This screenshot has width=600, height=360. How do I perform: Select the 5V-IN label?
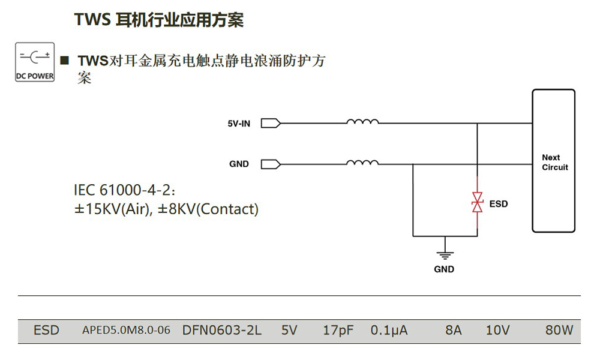(x=239, y=124)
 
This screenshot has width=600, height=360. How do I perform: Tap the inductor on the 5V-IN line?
(x=362, y=123)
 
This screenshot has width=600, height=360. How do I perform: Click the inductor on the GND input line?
(x=362, y=163)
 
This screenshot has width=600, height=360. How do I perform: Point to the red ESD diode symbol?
(x=477, y=203)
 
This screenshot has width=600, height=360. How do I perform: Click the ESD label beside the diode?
(x=499, y=204)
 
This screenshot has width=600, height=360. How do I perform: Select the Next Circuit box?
(x=554, y=161)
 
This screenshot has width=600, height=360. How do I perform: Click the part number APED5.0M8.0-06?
(x=126, y=331)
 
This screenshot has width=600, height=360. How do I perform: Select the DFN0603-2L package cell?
(x=222, y=331)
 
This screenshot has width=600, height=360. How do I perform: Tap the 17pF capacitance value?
(x=338, y=331)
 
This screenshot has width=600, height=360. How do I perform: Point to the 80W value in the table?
(x=559, y=331)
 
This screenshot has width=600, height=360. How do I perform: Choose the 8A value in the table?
(x=454, y=331)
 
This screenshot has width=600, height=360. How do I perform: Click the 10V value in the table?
(x=497, y=331)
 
